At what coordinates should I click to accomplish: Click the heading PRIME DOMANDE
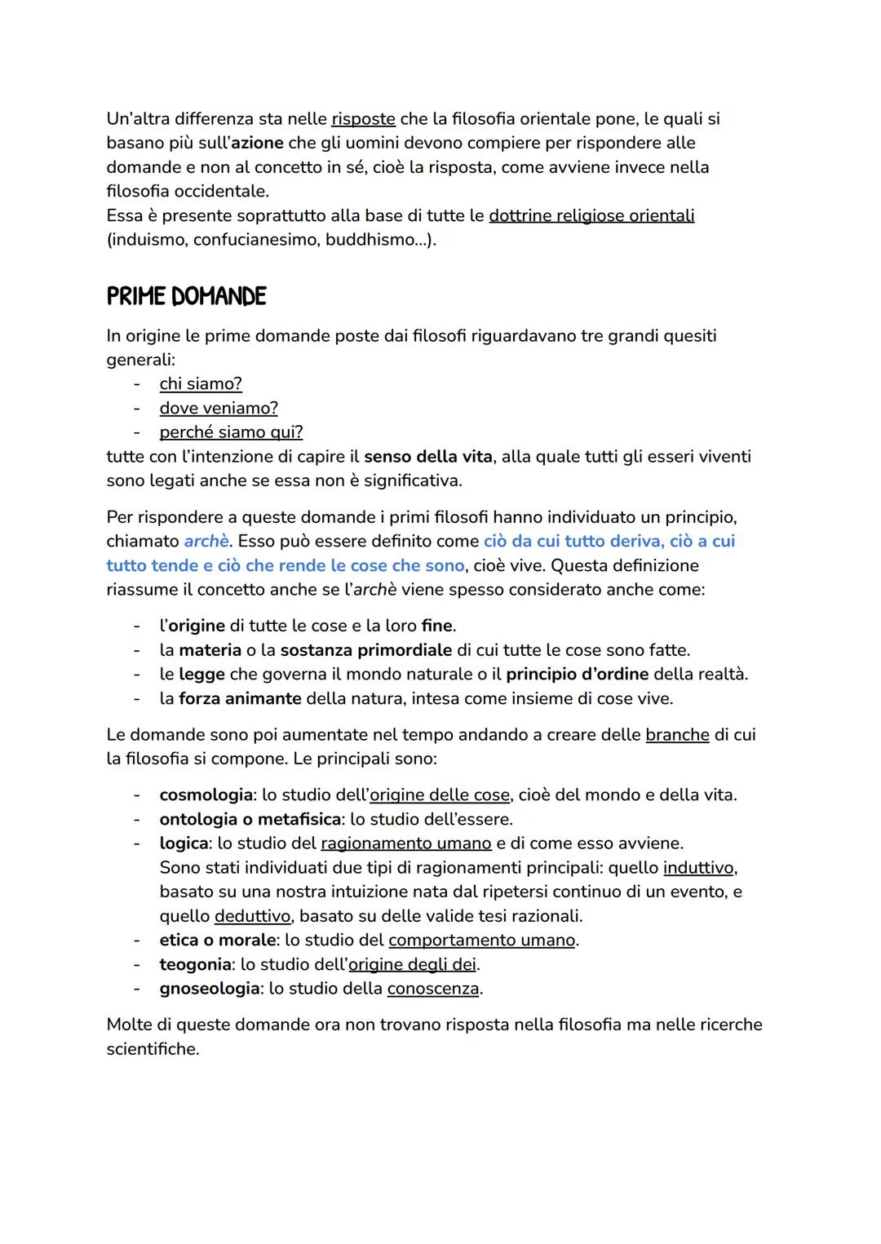click(186, 296)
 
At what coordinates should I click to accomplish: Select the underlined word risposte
click(363, 119)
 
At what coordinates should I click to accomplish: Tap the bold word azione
click(257, 143)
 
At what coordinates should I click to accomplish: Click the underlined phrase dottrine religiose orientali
click(591, 215)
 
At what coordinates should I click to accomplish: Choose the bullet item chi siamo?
click(201, 383)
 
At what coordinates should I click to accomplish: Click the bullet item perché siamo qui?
click(231, 432)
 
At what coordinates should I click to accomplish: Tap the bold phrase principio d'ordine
click(577, 675)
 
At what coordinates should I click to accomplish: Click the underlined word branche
click(677, 735)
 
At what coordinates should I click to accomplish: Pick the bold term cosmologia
click(206, 795)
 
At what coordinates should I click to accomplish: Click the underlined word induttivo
click(699, 867)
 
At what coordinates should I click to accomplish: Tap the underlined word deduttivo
click(252, 916)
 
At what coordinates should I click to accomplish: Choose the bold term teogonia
click(195, 964)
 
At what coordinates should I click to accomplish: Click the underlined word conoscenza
click(433, 989)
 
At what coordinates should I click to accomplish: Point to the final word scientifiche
click(153, 1049)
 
